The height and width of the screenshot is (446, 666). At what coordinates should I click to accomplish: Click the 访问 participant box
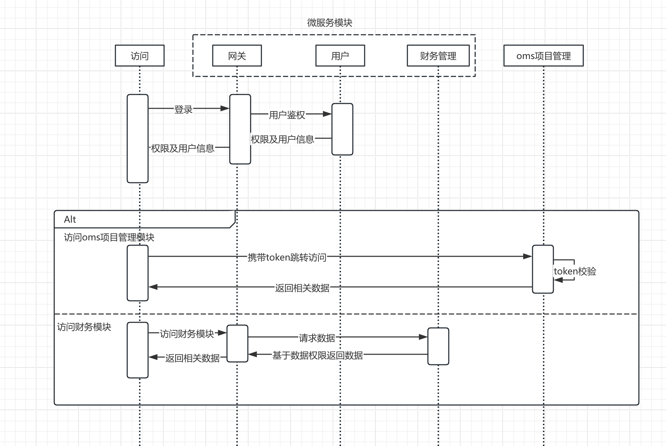click(139, 56)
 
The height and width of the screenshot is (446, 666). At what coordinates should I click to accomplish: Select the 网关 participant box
click(237, 56)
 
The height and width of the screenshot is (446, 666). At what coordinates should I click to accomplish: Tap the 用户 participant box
click(340, 56)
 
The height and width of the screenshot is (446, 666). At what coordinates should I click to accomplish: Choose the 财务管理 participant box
click(438, 56)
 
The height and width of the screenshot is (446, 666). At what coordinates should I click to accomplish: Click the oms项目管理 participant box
click(543, 56)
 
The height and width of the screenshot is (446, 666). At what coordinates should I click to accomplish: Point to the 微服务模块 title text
click(330, 23)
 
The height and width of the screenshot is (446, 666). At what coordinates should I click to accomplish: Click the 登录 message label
click(184, 109)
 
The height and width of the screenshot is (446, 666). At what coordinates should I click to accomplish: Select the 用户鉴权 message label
click(287, 115)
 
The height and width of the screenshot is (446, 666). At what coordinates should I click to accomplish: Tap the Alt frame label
click(70, 220)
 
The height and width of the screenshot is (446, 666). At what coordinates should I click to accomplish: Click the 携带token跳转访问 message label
click(287, 257)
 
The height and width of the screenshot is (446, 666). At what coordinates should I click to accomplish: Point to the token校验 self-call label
click(575, 271)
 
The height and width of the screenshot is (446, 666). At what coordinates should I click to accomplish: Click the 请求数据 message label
click(317, 338)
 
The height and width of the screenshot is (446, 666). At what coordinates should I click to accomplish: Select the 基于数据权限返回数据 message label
click(317, 355)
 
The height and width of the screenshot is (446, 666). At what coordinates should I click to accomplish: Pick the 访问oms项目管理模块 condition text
click(109, 238)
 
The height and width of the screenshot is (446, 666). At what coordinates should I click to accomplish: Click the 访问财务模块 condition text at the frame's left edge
click(84, 327)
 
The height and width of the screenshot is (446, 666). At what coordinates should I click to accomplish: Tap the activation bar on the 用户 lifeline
click(342, 129)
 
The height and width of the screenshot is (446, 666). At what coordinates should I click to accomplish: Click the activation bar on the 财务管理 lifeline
click(438, 346)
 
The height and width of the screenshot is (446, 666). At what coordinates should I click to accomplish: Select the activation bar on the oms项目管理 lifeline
click(543, 269)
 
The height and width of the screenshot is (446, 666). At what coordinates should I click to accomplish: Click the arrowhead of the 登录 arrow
click(225, 108)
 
